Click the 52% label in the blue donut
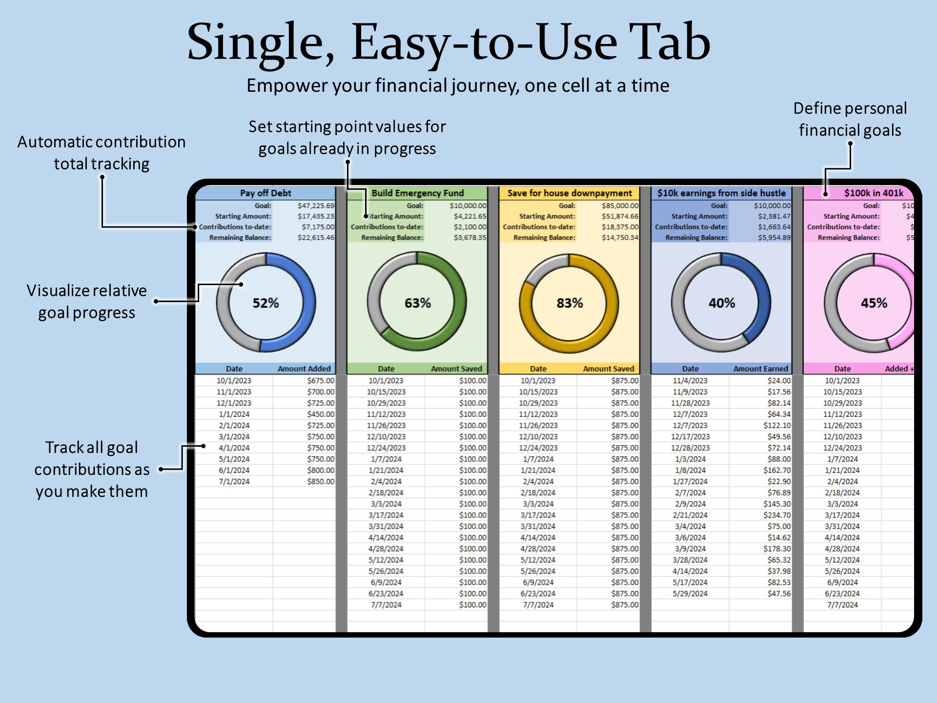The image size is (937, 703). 265,303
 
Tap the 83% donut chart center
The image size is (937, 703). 570,303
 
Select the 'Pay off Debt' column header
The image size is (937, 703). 265,193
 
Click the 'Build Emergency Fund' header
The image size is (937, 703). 418,193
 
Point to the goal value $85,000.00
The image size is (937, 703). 620,206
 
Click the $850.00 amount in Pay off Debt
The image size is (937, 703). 321,481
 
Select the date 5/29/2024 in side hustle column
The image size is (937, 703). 690,594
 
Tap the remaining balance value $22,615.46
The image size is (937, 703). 316,238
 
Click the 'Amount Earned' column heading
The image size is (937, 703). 760,369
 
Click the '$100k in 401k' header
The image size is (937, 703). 874,193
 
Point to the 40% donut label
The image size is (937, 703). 722,303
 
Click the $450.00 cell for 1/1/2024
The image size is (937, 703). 321,414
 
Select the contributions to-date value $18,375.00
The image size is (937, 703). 620,227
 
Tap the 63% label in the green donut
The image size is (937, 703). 418,303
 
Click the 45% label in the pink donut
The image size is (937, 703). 874,303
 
